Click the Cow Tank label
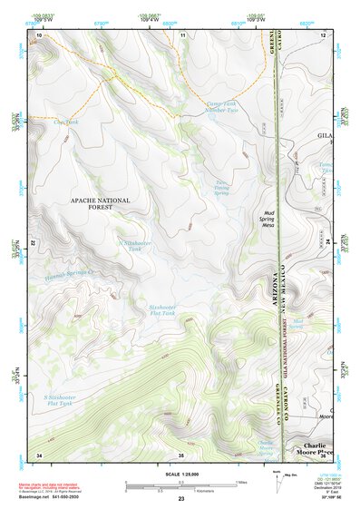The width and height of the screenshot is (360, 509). pyautogui.click(x=66, y=121)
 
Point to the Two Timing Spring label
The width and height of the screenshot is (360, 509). pyautogui.click(x=220, y=187)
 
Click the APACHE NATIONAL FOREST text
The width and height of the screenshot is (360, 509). pyautogui.click(x=100, y=204)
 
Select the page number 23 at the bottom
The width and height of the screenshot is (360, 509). pyautogui.click(x=181, y=500)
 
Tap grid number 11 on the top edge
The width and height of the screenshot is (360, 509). pyautogui.click(x=183, y=34)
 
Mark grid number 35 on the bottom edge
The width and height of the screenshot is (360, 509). pyautogui.click(x=181, y=455)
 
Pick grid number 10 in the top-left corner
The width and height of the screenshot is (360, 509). pyautogui.click(x=39, y=34)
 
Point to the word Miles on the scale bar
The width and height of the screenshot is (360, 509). pyautogui.click(x=242, y=482)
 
